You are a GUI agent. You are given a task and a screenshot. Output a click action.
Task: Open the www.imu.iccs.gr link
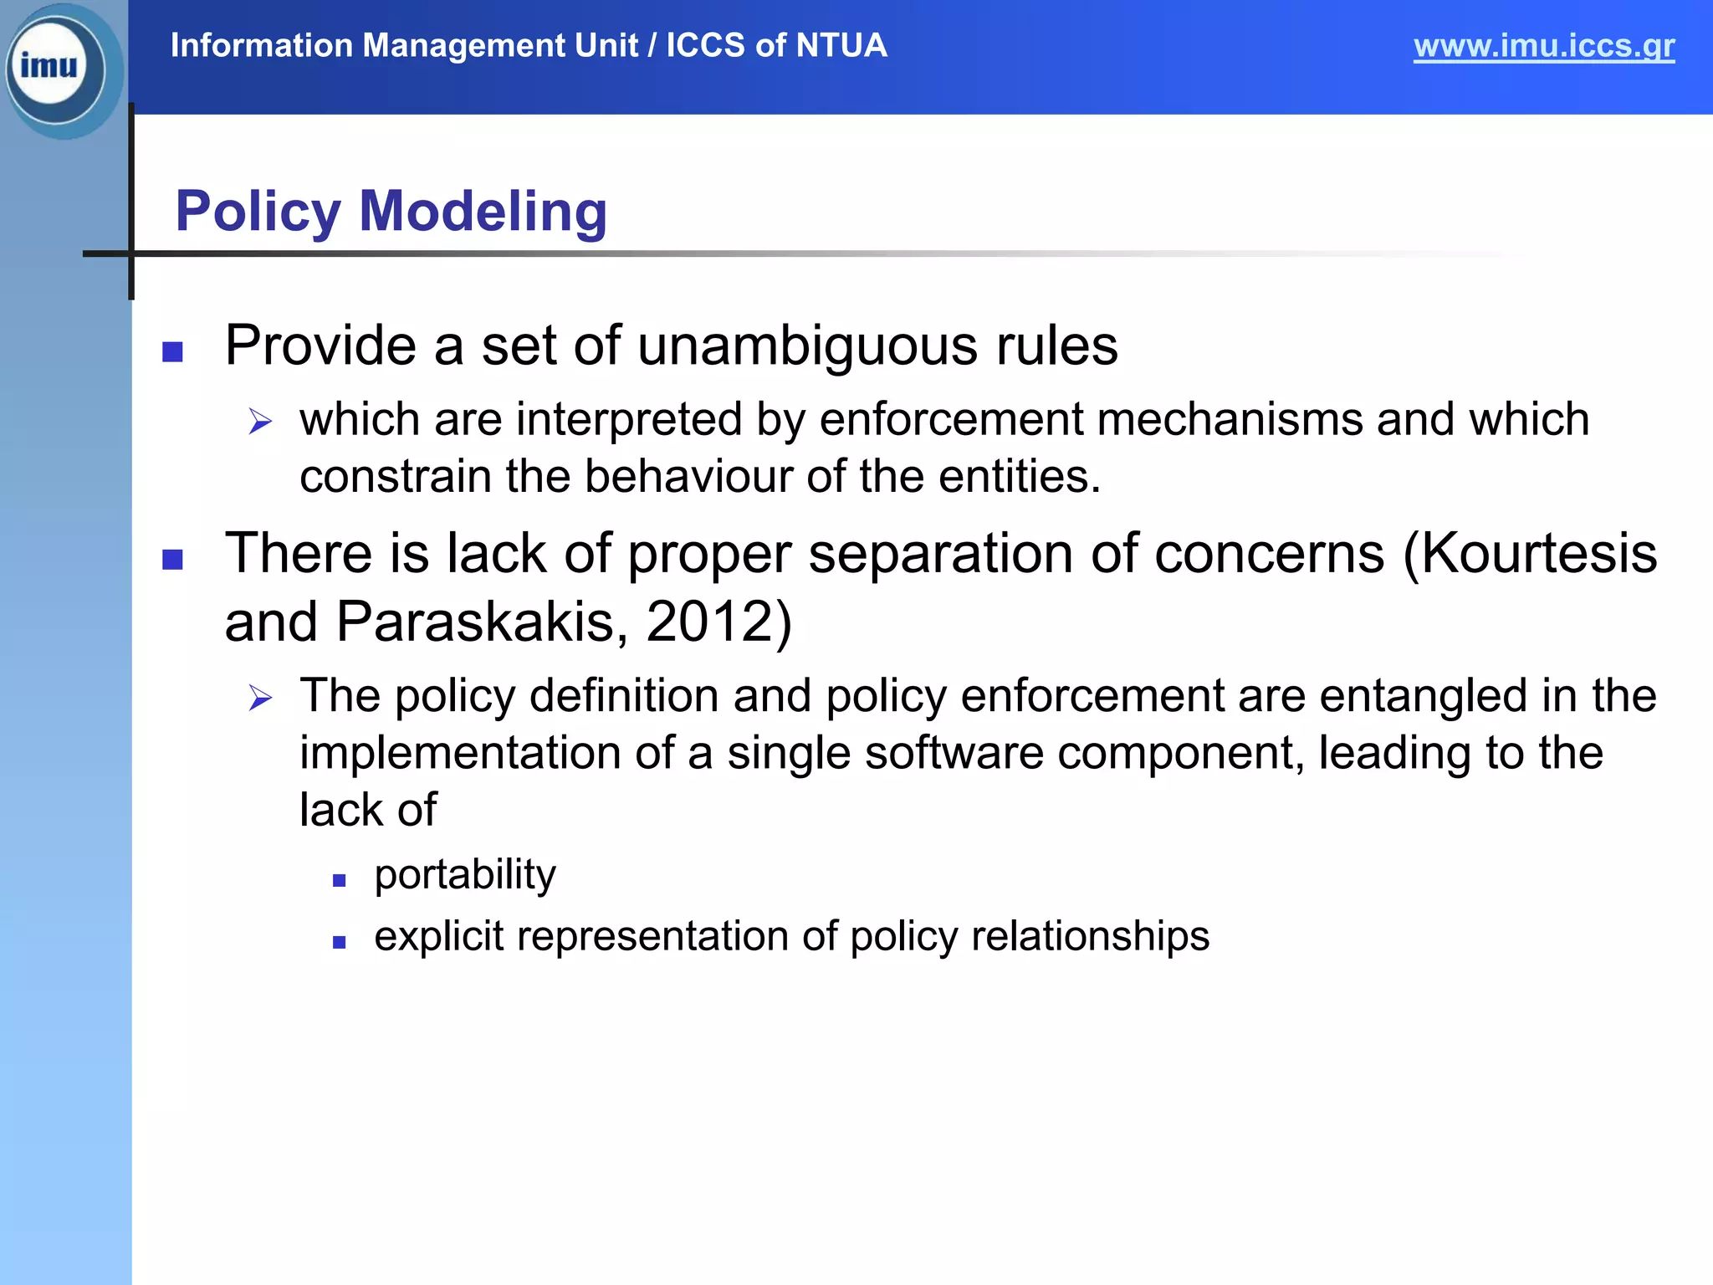(x=1543, y=46)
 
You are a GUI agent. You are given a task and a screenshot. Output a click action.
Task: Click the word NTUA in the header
(x=841, y=45)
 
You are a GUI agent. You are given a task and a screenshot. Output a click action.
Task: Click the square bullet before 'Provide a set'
(x=172, y=351)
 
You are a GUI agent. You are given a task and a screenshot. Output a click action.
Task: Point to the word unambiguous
(x=807, y=346)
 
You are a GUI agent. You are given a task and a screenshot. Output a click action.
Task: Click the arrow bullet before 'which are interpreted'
(x=260, y=422)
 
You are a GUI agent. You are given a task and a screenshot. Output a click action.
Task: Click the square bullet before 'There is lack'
(x=172, y=559)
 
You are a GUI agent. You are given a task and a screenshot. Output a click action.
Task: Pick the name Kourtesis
(x=1539, y=554)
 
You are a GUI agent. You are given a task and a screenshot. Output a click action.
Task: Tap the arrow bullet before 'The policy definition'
(x=260, y=698)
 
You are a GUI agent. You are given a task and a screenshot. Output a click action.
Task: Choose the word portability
(x=465, y=875)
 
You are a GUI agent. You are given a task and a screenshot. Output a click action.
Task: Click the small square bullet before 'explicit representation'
(x=339, y=942)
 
